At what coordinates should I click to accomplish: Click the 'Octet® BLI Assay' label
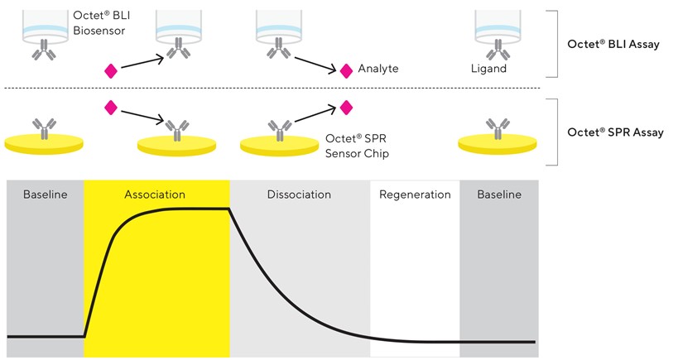pos(613,45)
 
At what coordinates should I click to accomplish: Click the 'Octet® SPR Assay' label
pos(614,132)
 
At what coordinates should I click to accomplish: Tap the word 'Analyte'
pos(378,69)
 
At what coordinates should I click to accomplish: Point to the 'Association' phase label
pos(155,194)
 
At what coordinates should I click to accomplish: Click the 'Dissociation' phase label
pos(299,194)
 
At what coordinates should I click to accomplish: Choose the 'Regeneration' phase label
pos(415,194)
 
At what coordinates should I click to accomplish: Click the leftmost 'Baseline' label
pos(46,194)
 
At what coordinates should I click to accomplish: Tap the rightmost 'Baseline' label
pos(499,194)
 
